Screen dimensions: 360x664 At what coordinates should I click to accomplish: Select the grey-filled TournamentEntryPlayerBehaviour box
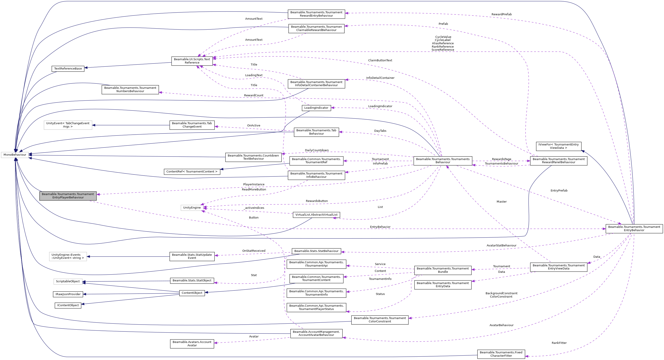tap(68, 196)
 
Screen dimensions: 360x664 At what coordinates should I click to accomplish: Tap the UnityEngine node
tap(192, 208)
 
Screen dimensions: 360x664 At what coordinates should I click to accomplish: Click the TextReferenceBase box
tap(68, 69)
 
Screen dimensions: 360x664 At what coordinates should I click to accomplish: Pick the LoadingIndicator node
tap(316, 108)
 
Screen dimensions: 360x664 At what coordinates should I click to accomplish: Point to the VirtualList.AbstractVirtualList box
tap(316, 215)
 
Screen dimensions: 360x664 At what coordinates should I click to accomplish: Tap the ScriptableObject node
tap(68, 281)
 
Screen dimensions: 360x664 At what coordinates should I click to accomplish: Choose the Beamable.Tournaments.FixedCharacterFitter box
tap(501, 354)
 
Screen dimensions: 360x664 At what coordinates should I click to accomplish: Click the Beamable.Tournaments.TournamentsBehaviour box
tap(443, 161)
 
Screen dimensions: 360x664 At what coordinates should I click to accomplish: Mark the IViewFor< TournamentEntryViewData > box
tap(559, 146)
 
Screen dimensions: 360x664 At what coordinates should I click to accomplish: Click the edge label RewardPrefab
tap(501, 14)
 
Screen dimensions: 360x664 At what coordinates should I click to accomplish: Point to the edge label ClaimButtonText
tap(380, 60)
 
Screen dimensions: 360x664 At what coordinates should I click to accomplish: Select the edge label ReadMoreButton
tap(254, 190)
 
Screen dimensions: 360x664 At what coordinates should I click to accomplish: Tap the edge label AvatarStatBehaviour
tap(501, 246)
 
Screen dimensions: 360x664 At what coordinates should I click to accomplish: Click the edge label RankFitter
tap(559, 343)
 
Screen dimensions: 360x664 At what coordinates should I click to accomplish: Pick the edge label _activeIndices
tap(254, 208)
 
